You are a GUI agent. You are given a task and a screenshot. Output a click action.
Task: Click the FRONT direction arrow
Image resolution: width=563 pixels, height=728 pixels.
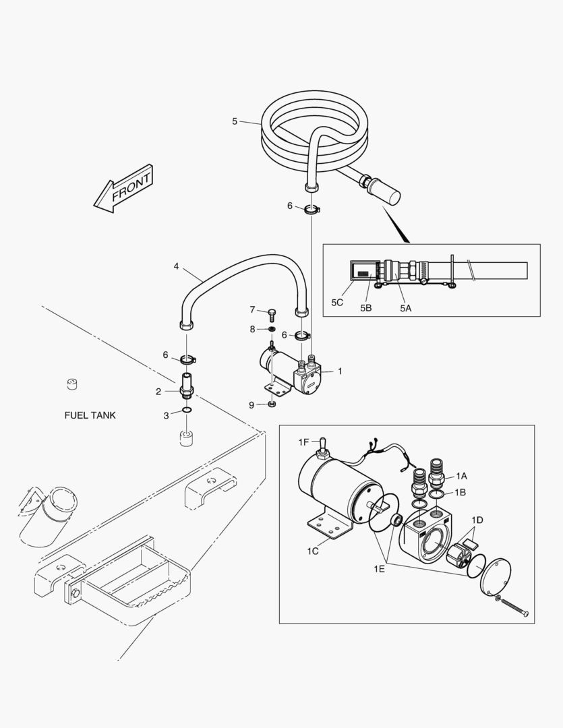[x=125, y=189]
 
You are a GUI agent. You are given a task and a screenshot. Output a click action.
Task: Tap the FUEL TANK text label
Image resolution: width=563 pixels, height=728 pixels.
[x=90, y=415]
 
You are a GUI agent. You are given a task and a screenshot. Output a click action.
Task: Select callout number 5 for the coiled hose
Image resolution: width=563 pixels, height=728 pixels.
[x=235, y=121]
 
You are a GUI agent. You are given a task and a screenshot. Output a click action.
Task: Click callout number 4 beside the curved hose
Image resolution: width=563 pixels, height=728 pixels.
[x=177, y=266]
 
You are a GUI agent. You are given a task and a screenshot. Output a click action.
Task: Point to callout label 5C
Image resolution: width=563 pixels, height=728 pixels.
[x=338, y=303]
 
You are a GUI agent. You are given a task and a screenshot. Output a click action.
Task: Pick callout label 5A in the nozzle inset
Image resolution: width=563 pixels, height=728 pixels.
[x=405, y=307]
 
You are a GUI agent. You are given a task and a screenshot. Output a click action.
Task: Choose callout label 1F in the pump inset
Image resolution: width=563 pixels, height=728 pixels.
[x=305, y=442]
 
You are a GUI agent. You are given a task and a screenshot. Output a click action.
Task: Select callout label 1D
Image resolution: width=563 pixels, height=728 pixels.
[x=477, y=520]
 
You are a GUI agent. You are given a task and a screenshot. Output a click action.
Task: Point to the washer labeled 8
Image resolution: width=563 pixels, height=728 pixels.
[x=271, y=329]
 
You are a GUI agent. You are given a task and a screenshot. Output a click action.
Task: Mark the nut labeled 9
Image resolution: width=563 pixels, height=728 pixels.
[x=271, y=404]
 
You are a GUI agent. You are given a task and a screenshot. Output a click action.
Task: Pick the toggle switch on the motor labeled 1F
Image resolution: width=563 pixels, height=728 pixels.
[x=322, y=446]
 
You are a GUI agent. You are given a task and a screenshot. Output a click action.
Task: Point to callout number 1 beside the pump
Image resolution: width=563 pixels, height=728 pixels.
[x=340, y=371]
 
